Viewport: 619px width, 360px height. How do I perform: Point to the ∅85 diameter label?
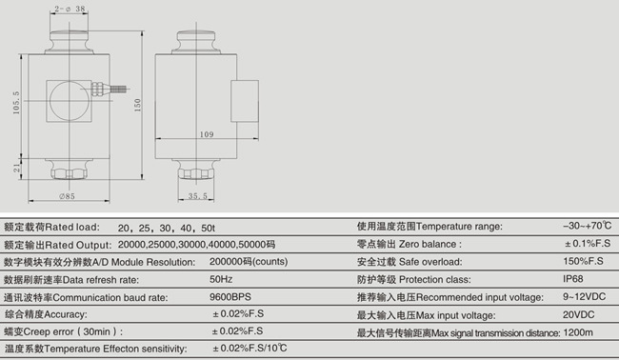pos(66,196)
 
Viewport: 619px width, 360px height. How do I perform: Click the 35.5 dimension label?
pos(197,196)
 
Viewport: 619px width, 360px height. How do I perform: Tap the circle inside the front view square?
pos(69,96)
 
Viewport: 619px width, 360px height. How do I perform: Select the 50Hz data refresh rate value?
pos(221,279)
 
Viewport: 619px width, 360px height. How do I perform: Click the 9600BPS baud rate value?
pos(229,296)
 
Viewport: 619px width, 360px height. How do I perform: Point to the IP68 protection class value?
pos(573,279)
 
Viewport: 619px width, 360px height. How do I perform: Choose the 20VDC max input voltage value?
pos(577,313)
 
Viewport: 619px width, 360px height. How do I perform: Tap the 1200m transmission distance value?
pos(577,331)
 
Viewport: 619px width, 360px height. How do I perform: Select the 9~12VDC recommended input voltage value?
pos(582,296)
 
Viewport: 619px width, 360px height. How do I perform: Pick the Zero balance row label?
pos(409,244)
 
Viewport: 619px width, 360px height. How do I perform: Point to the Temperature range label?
pos(429,227)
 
